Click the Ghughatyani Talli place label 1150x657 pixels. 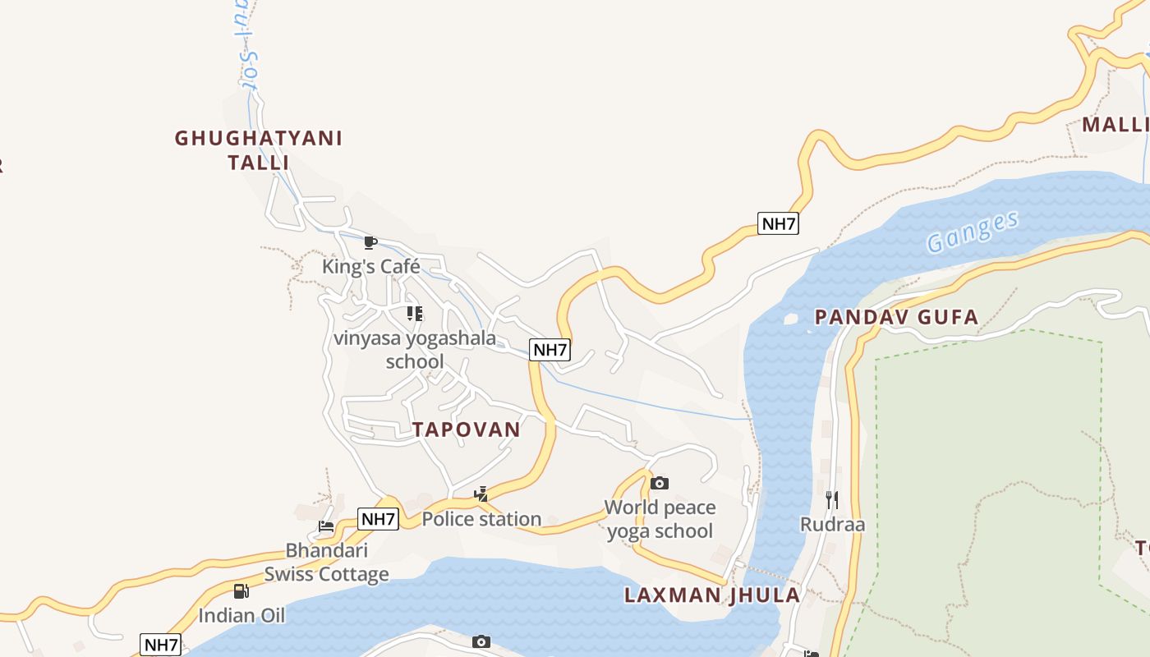(258, 149)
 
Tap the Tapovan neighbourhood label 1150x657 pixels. (467, 430)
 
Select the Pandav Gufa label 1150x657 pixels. (896, 317)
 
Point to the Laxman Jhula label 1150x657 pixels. (711, 595)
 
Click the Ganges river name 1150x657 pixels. (973, 231)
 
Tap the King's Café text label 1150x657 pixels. (370, 266)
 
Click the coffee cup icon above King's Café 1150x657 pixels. (370, 242)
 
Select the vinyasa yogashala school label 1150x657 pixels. (415, 349)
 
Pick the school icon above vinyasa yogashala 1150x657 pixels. (415, 313)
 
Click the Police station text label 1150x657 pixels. (481, 519)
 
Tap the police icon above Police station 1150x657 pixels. (481, 494)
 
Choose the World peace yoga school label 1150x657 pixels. (660, 519)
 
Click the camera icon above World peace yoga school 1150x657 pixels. (659, 483)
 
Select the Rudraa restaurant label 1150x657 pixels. (832, 524)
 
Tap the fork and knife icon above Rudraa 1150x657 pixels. (832, 499)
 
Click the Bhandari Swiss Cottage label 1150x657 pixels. (326, 562)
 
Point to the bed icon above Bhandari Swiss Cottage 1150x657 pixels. (326, 526)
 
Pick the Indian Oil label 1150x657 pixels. (241, 615)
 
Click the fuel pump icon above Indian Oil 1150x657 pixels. (241, 590)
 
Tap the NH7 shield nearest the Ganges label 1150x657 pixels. (777, 223)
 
